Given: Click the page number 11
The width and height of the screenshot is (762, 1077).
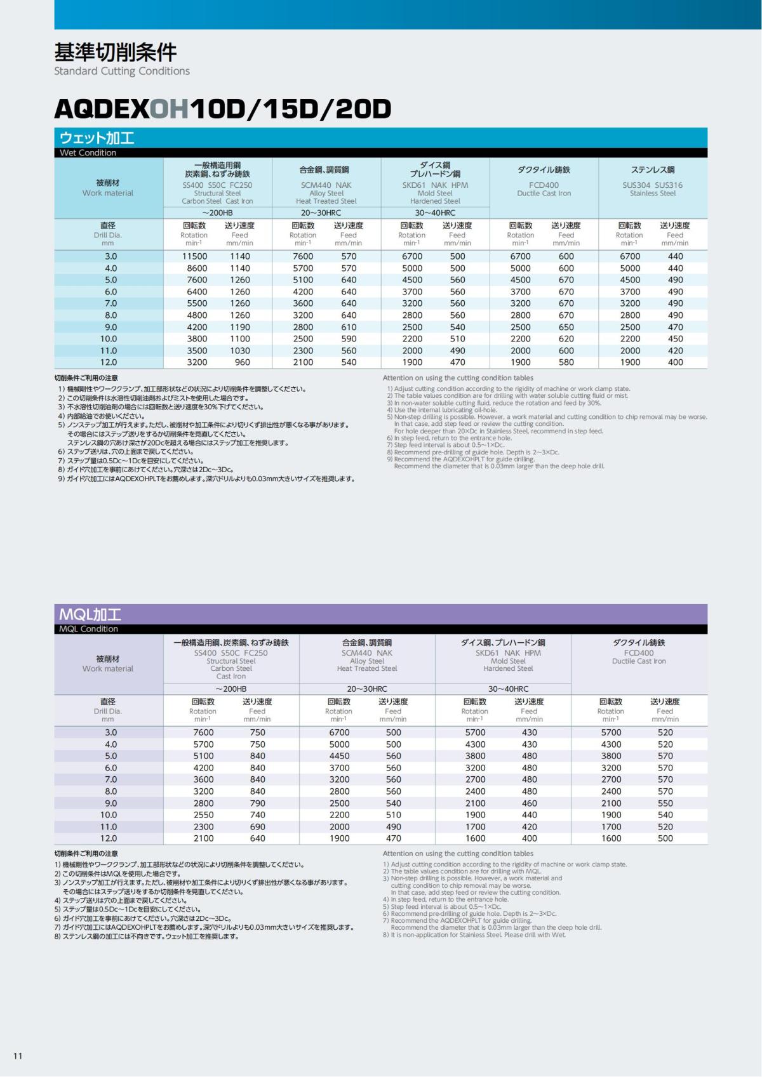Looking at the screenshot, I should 18,1055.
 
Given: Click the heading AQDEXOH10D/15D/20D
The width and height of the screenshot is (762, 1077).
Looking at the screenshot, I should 222,109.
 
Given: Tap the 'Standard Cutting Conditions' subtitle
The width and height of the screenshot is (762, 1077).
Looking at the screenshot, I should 122,71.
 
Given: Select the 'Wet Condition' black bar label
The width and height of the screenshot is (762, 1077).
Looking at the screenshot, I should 88,153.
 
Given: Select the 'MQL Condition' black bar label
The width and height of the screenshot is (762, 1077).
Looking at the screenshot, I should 88,629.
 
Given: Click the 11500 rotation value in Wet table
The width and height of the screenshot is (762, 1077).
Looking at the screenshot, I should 194,256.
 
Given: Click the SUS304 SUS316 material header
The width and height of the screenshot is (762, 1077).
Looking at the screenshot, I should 652,185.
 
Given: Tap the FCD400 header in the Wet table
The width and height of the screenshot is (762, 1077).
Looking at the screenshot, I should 544,185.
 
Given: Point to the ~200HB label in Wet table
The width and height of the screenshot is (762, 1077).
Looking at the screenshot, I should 218,213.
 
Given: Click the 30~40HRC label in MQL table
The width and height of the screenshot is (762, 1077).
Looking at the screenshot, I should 508,689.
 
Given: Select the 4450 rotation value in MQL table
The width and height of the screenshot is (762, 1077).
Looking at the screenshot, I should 339,756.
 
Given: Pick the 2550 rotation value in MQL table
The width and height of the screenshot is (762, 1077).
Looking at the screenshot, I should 203,815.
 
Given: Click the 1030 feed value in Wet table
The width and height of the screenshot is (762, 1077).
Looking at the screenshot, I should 240,350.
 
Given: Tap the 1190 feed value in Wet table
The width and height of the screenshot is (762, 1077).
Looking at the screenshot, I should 240,327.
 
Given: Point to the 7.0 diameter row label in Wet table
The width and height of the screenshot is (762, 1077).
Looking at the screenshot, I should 110,303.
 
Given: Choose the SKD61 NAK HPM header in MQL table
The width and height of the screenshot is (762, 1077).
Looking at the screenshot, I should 508,652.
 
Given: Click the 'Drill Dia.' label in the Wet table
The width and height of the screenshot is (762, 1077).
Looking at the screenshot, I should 107,235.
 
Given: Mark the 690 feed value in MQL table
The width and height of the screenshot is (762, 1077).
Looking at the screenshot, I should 257,826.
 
